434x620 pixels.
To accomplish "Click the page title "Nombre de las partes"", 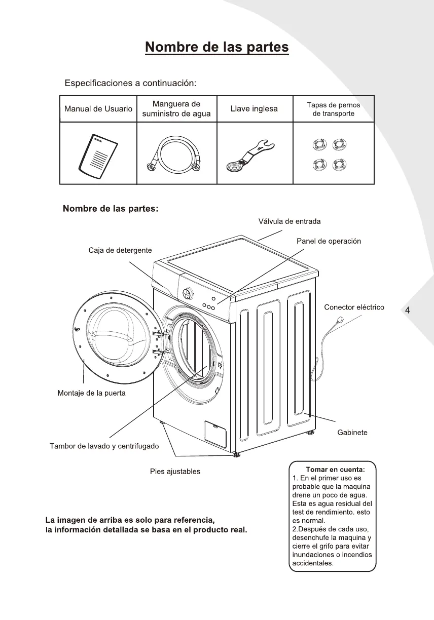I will click(216, 48).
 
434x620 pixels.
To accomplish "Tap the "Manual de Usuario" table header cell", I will click(98, 109).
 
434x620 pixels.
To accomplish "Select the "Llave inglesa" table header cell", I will click(254, 109).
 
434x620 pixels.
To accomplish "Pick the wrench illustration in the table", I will click(250, 156).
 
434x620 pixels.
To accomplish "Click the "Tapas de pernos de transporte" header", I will click(333, 109).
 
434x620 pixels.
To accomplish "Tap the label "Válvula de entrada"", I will click(290, 221).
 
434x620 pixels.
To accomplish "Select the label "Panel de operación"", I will click(329, 241).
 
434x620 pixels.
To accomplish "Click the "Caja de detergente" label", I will click(120, 250).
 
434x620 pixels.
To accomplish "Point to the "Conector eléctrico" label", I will click(354, 307).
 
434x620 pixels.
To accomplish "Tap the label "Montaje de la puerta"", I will click(92, 393).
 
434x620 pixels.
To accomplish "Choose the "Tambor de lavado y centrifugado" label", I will click(104, 446).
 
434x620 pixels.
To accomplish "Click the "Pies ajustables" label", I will click(175, 472).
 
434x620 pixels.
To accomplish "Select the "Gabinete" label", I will click(352, 433).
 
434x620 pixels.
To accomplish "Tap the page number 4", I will click(407, 311).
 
